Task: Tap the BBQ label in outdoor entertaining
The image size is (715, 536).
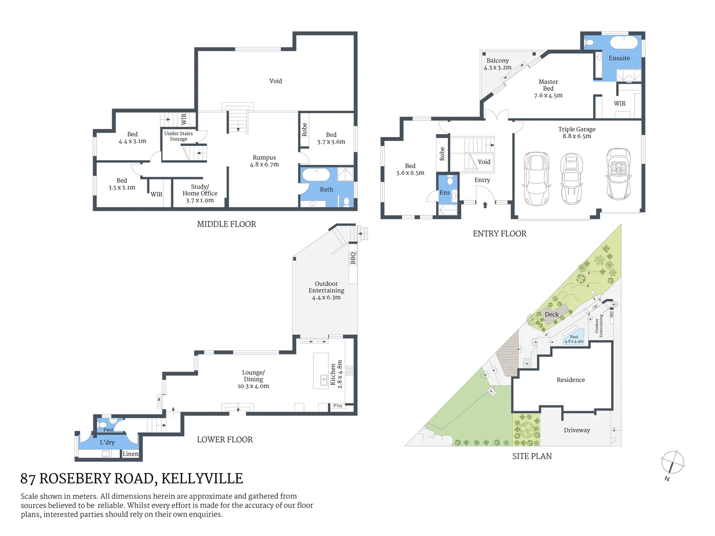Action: (353, 258)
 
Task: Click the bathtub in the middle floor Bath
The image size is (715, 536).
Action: (316, 175)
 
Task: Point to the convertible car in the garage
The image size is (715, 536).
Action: (618, 174)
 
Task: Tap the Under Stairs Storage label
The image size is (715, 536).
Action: (178, 136)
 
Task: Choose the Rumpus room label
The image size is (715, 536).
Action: (264, 161)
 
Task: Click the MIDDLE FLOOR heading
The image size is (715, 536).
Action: (226, 224)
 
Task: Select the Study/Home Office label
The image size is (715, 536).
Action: (200, 194)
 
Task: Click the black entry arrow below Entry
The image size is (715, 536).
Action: (485, 204)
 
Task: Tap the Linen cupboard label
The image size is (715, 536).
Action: (131, 454)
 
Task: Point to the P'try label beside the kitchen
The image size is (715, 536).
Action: (338, 406)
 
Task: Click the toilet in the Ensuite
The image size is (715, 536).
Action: (589, 43)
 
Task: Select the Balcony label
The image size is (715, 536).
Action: (498, 64)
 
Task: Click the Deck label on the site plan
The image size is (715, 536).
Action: (552, 314)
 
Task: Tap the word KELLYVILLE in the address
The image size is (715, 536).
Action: (202, 478)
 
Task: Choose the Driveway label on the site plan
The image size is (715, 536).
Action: (576, 430)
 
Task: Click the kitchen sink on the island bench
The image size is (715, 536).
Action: (324, 381)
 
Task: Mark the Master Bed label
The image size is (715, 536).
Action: (548, 88)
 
